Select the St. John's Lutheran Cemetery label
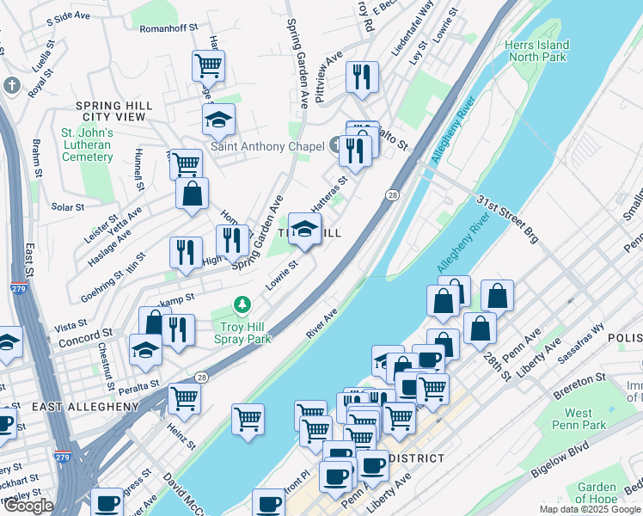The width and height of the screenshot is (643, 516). click(x=87, y=145)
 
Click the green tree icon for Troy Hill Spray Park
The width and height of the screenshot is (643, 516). click(x=243, y=306)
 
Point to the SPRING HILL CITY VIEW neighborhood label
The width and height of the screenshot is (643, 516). click(x=113, y=111)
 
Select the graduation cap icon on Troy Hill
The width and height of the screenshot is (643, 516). click(x=303, y=229)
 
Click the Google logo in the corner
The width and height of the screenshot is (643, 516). click(x=28, y=507)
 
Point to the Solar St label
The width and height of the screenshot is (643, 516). click(x=67, y=207)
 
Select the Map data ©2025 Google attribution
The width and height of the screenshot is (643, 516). click(x=589, y=509)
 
